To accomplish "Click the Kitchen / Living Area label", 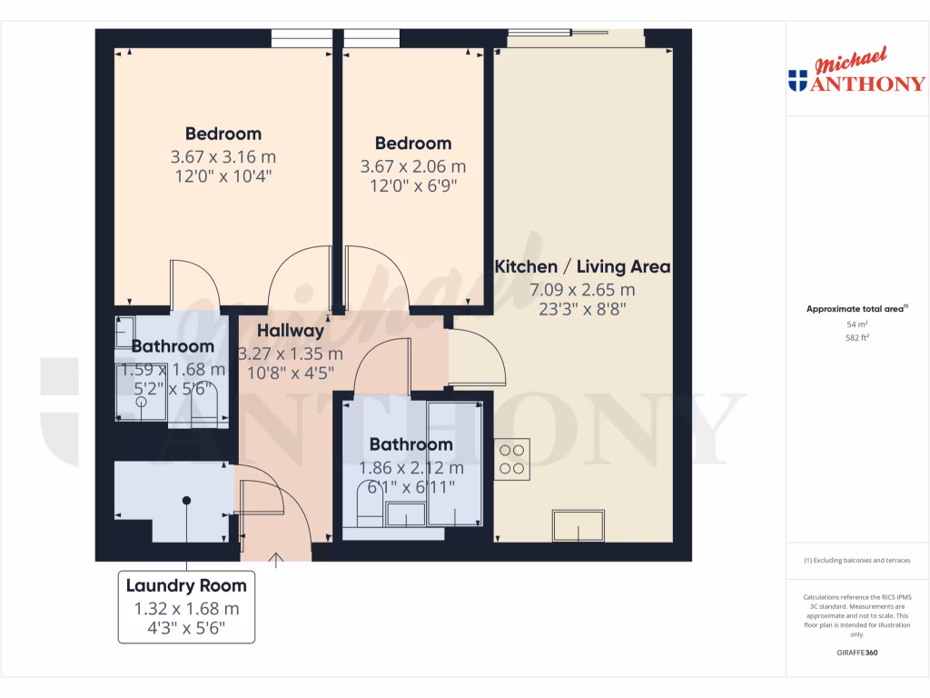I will coord(582,266).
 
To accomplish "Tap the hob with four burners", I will coord(512,459).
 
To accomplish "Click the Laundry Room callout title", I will coord(186,585).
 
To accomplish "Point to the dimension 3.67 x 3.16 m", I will coord(223,156).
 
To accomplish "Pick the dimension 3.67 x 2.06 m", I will coord(413,166).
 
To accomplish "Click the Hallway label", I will coord(290,331).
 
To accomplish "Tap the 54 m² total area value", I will coord(857,324).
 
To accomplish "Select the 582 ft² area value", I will coord(857,337).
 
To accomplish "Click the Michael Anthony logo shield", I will coord(798,80).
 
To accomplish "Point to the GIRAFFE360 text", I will coord(857,653).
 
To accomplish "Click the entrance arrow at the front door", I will coord(276,558).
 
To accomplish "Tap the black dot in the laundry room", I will coord(186,500).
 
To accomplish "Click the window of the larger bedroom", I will coord(302,38).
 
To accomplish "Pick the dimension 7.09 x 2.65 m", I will coord(582,290).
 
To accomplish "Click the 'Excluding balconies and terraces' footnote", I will coord(857,561).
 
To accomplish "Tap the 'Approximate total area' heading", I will coord(856,309).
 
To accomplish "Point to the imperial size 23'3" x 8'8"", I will coord(582,309).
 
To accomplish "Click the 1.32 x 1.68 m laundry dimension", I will coord(186,609).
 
